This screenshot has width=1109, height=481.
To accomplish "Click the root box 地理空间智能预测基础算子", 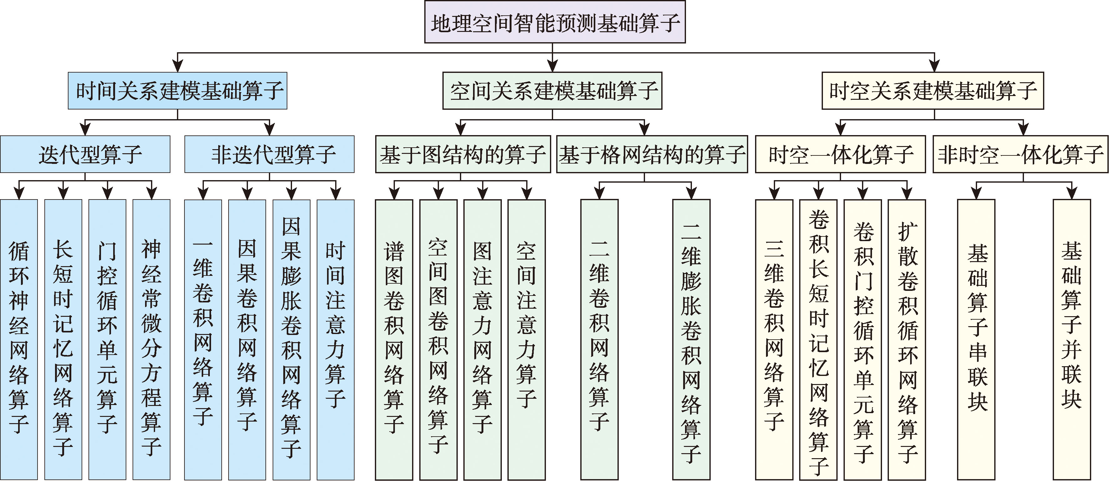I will tap(555, 22).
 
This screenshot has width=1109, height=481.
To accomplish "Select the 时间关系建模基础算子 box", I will tap(177, 90).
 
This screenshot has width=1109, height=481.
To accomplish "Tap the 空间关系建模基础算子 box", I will tap(552, 90).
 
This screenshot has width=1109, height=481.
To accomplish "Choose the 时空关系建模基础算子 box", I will tap(933, 90).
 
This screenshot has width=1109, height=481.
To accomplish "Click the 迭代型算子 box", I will tap(85, 154).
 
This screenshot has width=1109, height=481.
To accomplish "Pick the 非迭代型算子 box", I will tap(270, 154).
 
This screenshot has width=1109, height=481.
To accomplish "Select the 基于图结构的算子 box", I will tap(463, 154).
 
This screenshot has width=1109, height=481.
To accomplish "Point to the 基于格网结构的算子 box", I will tap(652, 154).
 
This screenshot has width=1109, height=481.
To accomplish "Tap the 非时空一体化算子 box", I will tap(1020, 154).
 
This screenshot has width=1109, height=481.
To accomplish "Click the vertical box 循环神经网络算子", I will tap(19, 339).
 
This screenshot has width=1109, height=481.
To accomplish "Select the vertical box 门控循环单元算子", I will tap(107, 339).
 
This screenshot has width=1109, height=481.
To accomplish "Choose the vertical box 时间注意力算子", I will tap(335, 339).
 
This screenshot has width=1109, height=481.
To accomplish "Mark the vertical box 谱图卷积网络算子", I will tap(394, 339).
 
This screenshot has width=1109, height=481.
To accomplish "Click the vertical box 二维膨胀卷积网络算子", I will tap(691, 339).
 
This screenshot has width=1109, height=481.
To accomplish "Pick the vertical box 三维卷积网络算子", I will tap(774, 339).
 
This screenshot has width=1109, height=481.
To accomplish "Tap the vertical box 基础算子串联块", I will tap(976, 339).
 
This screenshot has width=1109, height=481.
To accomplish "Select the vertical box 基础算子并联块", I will tap(1071, 339).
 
